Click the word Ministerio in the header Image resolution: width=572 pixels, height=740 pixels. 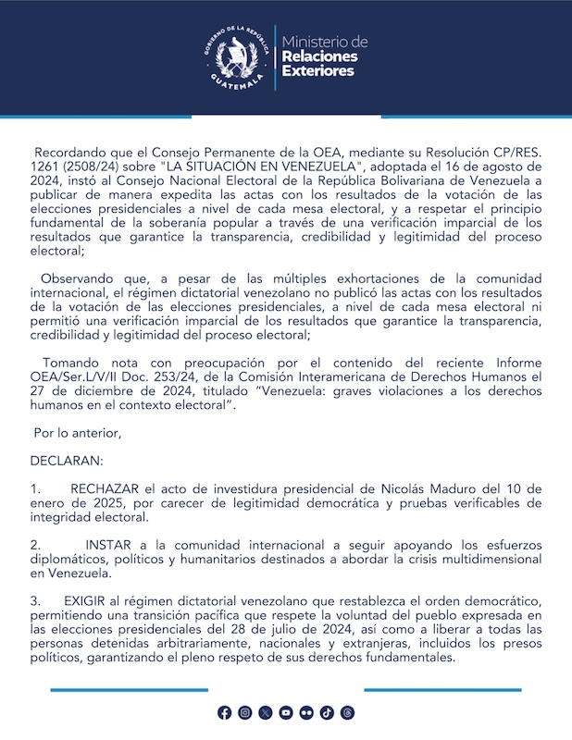pos(325,43)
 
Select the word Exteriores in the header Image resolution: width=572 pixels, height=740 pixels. pos(317,71)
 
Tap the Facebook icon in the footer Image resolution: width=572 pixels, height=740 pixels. pos(224,712)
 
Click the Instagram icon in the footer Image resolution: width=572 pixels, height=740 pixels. pos(244,712)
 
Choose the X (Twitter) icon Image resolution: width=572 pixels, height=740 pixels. pos(266,712)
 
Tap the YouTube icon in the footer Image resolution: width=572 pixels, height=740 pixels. pos(286,712)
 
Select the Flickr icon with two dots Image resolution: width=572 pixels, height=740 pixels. pos(306,712)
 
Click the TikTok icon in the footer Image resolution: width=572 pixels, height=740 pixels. pos(327,712)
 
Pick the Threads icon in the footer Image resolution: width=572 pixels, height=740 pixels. pos(348,712)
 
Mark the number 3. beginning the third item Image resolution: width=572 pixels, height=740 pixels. pos(36,600)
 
